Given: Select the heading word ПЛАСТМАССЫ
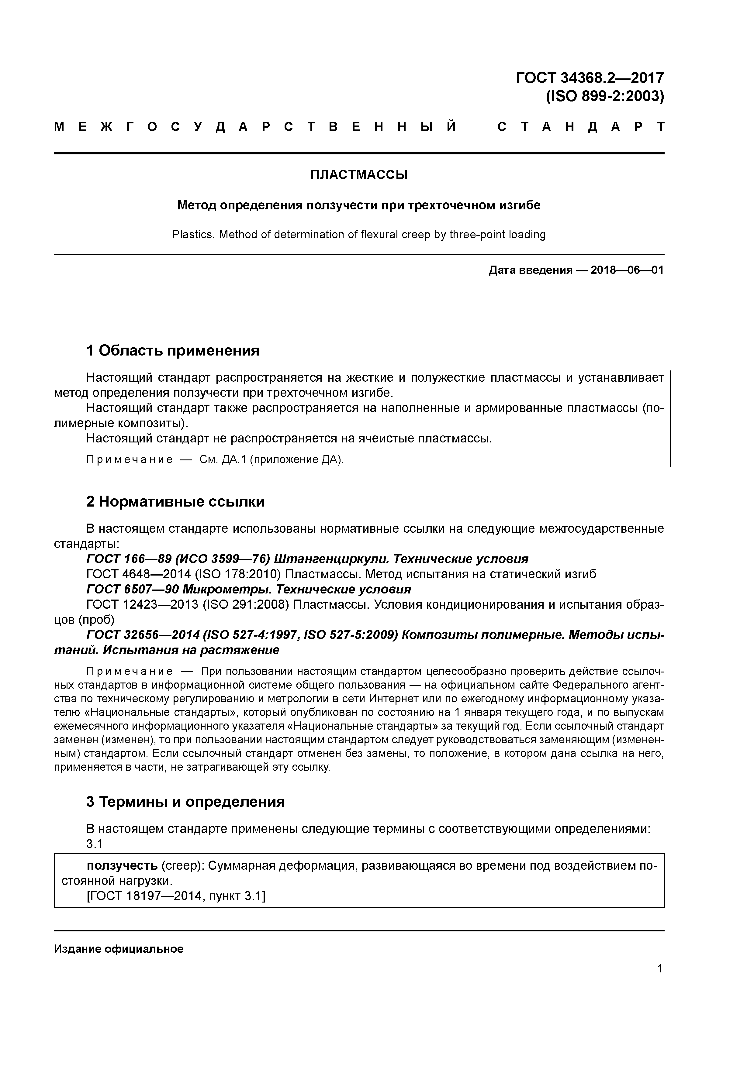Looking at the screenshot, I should pyautogui.click(x=359, y=175).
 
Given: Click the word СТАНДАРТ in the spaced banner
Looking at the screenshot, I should pyautogui.click(x=581, y=127).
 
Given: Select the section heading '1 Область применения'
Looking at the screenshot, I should pyautogui.click(x=173, y=351).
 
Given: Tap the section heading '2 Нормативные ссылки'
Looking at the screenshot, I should pyautogui.click(x=176, y=502).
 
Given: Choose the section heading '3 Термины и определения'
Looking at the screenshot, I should pyautogui.click(x=185, y=802).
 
